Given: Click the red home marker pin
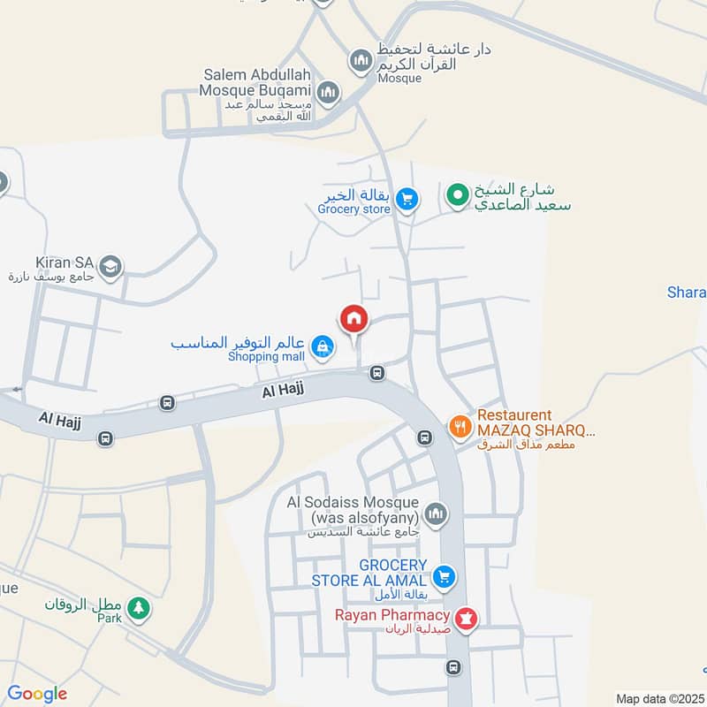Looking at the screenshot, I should click(x=353, y=318).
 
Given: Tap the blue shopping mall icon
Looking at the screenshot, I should click(x=323, y=346).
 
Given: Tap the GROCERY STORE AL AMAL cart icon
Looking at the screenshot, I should click(x=445, y=577).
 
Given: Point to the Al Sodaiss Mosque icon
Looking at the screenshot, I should click(x=436, y=513).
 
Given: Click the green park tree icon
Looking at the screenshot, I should click(x=137, y=607).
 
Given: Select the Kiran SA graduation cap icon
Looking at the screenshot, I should click(x=110, y=265).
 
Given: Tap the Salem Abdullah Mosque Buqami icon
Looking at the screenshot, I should click(x=328, y=92).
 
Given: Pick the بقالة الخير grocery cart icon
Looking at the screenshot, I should click(x=406, y=199).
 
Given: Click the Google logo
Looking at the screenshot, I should click(x=37, y=694).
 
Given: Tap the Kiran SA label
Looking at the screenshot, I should click(x=65, y=262).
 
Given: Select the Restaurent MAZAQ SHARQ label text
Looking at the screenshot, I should click(x=536, y=422).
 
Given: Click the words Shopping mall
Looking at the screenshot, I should click(x=266, y=357).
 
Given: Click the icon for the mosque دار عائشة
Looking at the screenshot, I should click(x=361, y=60).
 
